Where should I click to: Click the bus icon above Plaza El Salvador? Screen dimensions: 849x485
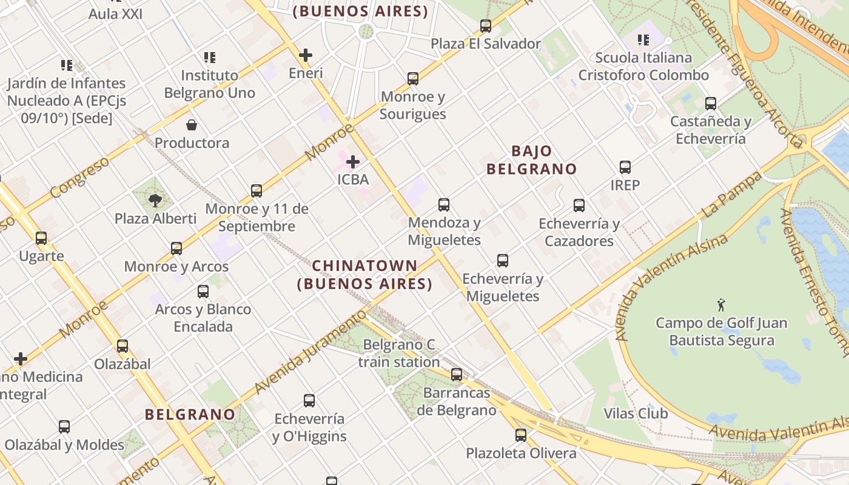click(x=486, y=26)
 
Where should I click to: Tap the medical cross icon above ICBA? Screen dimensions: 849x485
click(x=353, y=162)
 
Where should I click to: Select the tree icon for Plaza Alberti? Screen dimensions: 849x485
click(x=155, y=200)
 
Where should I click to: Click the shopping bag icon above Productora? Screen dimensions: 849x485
click(x=192, y=125)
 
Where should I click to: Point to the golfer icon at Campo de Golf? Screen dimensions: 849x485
click(x=721, y=305)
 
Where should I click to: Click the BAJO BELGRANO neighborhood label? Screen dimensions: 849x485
click(x=531, y=160)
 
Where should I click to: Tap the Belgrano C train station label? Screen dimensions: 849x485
click(x=399, y=353)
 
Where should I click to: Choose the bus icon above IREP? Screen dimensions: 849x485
click(x=625, y=167)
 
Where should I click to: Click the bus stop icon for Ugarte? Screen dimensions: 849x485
click(x=41, y=238)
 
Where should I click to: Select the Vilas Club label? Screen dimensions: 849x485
click(x=636, y=413)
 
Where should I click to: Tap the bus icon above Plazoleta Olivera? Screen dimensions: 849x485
click(x=521, y=435)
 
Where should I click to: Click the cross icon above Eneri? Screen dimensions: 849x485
click(x=306, y=55)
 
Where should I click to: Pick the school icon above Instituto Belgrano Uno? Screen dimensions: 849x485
click(x=209, y=58)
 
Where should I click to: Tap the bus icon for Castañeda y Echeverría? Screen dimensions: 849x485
click(x=711, y=104)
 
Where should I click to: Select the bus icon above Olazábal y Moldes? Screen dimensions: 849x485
click(x=64, y=427)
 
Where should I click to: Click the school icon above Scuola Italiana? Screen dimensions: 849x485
click(x=643, y=40)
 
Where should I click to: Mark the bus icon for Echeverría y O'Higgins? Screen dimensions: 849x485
click(x=309, y=401)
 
